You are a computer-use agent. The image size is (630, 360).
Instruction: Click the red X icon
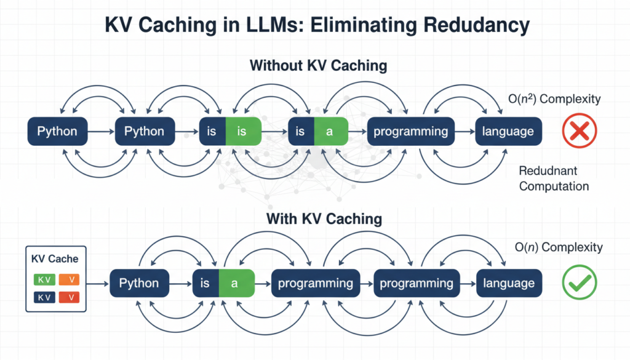[579, 131]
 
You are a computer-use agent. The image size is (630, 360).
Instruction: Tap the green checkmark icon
[579, 283]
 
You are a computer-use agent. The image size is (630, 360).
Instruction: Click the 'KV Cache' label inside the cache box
[55, 259]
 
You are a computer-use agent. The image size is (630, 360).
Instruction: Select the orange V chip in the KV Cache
[70, 280]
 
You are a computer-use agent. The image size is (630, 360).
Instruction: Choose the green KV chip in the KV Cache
[44, 280]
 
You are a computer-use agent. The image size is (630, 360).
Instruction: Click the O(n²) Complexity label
[553, 99]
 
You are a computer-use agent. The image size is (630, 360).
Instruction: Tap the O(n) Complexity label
[558, 247]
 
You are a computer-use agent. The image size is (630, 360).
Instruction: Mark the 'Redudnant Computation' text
[554, 178]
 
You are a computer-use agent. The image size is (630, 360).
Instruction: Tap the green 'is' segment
[242, 131]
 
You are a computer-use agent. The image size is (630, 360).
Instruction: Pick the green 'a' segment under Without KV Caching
[330, 131]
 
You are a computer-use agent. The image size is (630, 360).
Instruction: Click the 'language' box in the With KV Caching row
[508, 284]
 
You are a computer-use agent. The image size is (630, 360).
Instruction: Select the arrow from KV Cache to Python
[97, 284]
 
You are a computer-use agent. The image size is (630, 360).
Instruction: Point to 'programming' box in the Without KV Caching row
[411, 131]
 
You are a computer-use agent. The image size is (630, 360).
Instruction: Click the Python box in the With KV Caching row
[139, 284]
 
